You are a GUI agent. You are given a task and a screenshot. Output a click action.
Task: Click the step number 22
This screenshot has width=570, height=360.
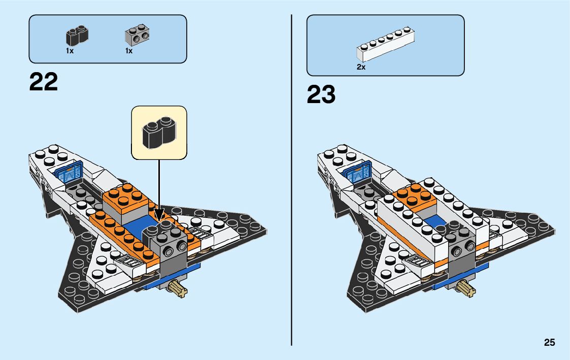click(x=44, y=82)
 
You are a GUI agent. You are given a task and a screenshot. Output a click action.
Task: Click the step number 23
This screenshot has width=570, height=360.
click(x=321, y=94)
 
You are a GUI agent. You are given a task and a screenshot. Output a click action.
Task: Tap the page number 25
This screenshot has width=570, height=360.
click(x=549, y=343)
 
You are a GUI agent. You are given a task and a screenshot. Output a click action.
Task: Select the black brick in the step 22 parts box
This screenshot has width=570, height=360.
click(x=77, y=36)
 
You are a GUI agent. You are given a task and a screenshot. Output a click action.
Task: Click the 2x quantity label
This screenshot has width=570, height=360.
click(x=361, y=67)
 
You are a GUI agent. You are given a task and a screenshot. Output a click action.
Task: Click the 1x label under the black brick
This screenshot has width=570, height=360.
click(x=70, y=51)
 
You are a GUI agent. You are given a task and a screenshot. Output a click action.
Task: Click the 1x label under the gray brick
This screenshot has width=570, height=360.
click(x=129, y=51)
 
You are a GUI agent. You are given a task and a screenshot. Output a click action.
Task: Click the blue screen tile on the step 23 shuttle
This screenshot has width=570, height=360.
click(x=358, y=173)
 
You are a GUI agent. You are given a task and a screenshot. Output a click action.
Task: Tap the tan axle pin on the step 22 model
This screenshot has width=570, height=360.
click(x=180, y=290)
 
